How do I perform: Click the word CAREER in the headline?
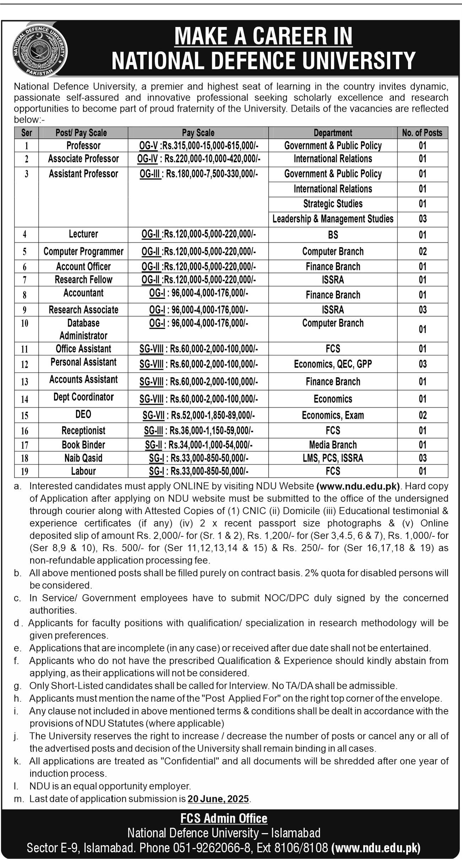coord(283,36)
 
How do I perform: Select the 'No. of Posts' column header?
coord(422,133)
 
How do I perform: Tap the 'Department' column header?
coord(333,133)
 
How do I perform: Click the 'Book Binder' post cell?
coord(83,445)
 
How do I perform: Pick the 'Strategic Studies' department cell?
coord(333,204)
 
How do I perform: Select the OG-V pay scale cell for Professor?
coord(198,146)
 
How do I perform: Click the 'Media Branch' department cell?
coord(333,445)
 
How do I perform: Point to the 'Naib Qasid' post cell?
coord(83,458)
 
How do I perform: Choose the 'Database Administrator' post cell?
coord(83,329)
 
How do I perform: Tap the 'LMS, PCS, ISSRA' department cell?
coord(333,458)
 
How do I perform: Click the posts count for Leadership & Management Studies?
coord(422,219)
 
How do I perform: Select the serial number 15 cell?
coord(25,415)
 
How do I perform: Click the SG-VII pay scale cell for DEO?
coord(198,415)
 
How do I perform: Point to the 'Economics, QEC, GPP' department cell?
coord(333,364)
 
